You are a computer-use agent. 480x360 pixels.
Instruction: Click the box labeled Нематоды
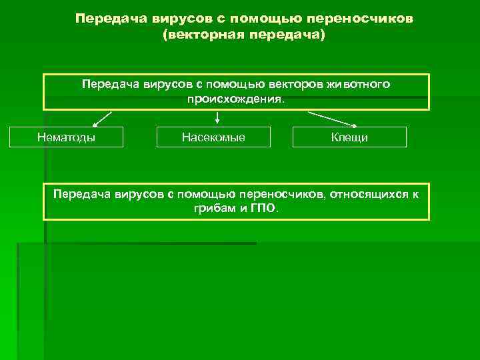click(65, 137)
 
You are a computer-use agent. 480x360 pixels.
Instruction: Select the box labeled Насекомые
click(213, 137)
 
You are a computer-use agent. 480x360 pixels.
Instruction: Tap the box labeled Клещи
click(349, 137)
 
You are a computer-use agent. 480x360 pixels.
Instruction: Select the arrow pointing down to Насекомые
click(217, 118)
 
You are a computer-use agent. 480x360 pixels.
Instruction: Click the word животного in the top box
click(359, 85)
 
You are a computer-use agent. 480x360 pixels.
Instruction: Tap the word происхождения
click(235, 99)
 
